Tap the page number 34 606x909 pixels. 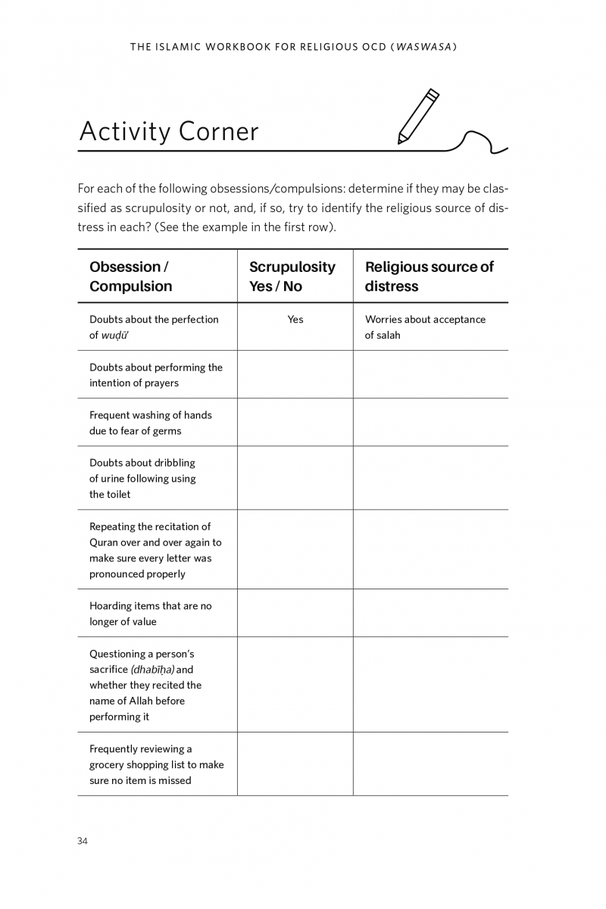[83, 841]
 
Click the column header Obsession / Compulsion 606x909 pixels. [130, 276]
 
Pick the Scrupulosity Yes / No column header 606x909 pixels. [292, 276]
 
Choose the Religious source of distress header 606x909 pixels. [429, 276]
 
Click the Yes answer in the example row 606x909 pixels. [295, 320]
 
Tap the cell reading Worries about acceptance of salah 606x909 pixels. [425, 327]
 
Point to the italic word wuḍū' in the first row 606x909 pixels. [116, 336]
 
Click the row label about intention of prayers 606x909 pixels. [155, 375]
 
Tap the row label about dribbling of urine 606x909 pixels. [142, 478]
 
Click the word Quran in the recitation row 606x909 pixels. [105, 542]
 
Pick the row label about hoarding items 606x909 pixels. [150, 614]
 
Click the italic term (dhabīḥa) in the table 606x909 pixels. [151, 670]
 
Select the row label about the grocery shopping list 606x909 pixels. [156, 764]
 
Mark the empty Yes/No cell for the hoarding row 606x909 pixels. [295, 614]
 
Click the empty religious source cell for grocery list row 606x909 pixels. [430, 764]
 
